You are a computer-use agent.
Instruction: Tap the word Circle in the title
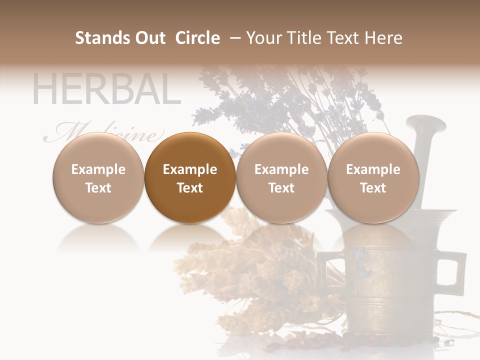pyautogui.click(x=197, y=38)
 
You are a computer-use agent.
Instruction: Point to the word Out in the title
pyautogui.click(x=149, y=38)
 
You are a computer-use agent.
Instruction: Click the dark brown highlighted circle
pyautogui.click(x=190, y=178)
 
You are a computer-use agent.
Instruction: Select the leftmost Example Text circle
pyautogui.click(x=98, y=178)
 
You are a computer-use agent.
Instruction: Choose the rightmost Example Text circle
pyautogui.click(x=373, y=178)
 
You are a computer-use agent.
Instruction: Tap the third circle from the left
pyautogui.click(x=281, y=178)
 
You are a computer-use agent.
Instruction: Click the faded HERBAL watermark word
pyautogui.click(x=106, y=90)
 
